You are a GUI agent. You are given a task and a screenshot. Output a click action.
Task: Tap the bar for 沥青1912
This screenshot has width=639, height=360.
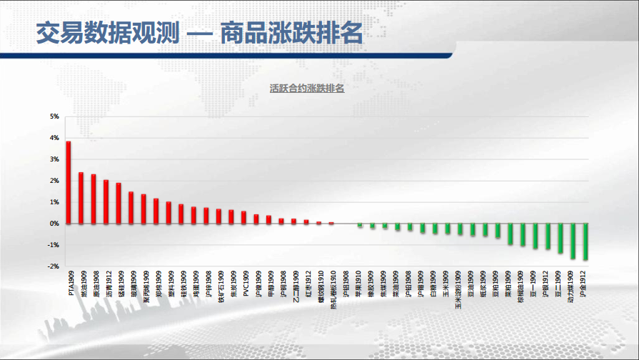[x=106, y=201]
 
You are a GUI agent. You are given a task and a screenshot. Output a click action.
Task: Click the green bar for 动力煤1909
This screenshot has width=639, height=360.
[x=573, y=241]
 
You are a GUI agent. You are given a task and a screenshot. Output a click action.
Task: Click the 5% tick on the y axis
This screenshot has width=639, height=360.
[x=54, y=116]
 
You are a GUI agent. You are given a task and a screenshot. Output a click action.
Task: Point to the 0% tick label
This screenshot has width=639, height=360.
[x=54, y=224]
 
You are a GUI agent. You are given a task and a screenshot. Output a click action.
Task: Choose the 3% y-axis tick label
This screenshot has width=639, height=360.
[x=54, y=159]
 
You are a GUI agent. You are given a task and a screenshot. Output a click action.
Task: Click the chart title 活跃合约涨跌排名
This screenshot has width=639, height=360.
[x=307, y=89]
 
